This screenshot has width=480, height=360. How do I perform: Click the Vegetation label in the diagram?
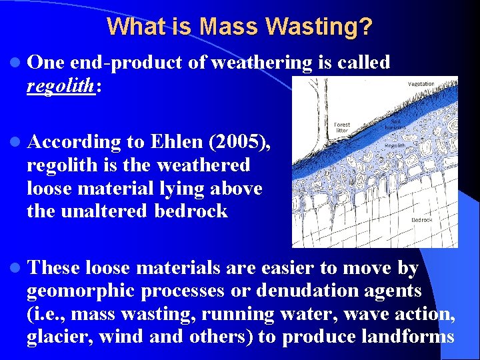(x=421, y=84)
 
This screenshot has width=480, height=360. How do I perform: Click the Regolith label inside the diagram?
(x=395, y=147)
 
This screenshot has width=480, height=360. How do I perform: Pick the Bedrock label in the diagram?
(x=422, y=220)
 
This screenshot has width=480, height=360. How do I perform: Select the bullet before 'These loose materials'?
(x=15, y=269)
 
